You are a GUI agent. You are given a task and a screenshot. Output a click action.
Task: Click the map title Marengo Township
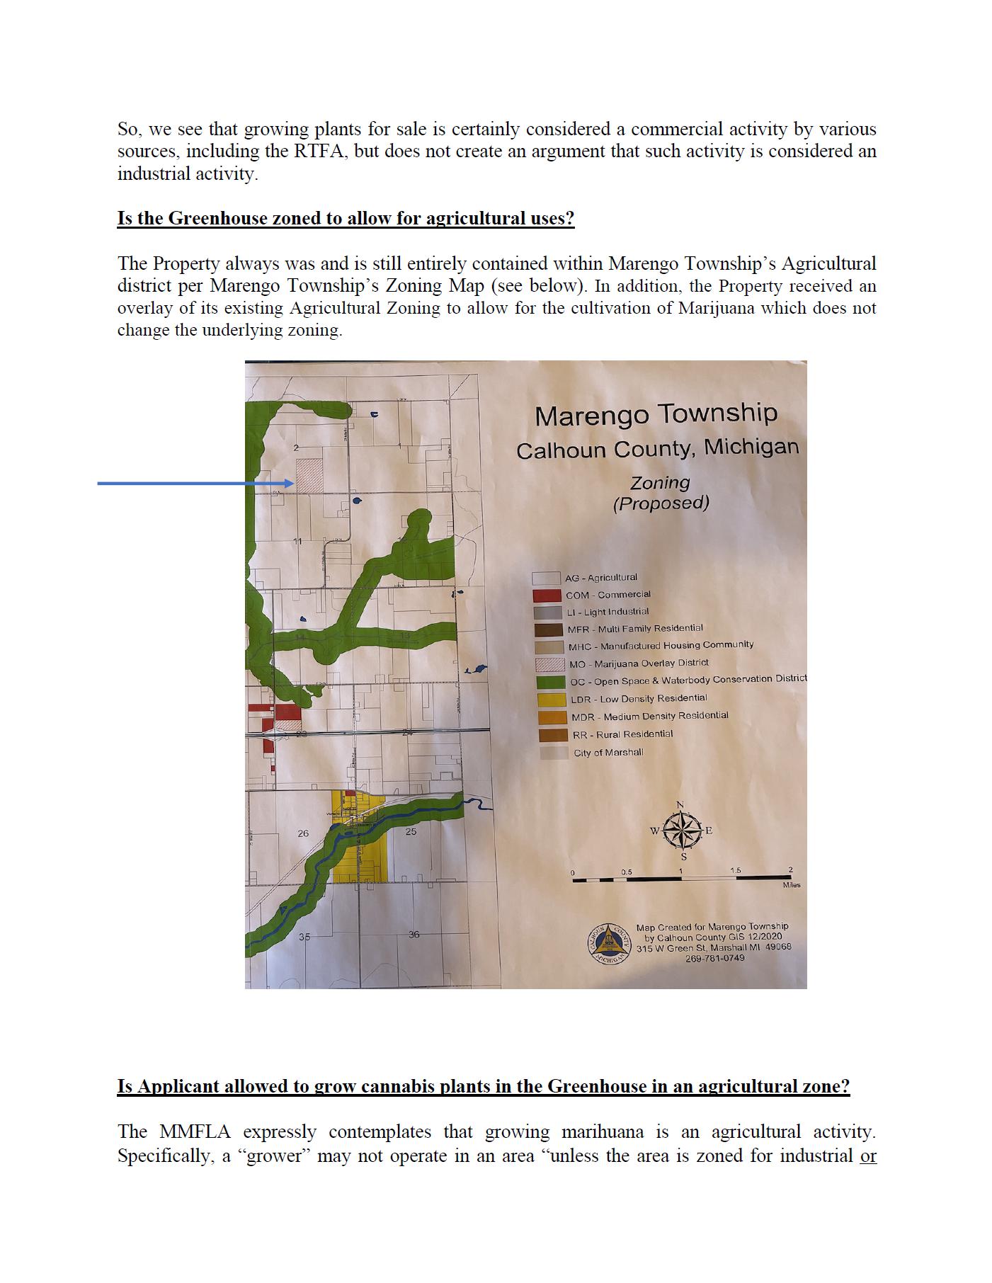pyautogui.click(x=656, y=414)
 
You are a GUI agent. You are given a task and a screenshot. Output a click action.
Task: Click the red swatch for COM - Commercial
pyautogui.click(x=547, y=595)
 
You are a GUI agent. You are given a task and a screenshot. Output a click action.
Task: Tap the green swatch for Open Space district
pyautogui.click(x=549, y=682)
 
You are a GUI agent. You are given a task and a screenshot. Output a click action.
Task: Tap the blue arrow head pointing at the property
pyautogui.click(x=289, y=484)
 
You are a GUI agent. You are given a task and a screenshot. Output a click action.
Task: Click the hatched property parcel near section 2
pyautogui.click(x=309, y=475)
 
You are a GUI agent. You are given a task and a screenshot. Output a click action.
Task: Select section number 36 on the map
pyautogui.click(x=414, y=935)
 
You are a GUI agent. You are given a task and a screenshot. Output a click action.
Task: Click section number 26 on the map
pyautogui.click(x=303, y=833)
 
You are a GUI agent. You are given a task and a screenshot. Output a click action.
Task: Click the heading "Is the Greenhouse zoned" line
pyautogui.click(x=346, y=218)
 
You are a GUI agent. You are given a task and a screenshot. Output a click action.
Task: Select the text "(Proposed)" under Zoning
pyautogui.click(x=661, y=503)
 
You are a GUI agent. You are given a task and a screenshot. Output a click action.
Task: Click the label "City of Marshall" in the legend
pyautogui.click(x=608, y=752)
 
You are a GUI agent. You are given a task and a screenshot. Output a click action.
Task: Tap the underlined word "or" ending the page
pyautogui.click(x=868, y=1156)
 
